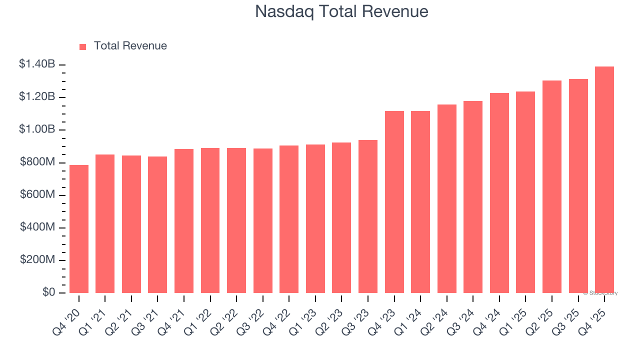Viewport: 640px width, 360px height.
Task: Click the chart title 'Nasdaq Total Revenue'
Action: click(341, 11)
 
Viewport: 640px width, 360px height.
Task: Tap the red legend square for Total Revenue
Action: click(83, 46)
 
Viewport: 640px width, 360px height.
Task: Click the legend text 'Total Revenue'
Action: click(130, 46)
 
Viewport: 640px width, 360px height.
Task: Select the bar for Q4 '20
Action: click(79, 229)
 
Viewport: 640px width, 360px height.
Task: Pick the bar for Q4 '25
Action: click(604, 180)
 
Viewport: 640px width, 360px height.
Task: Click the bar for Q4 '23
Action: click(394, 202)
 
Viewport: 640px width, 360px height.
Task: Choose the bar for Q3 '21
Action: click(157, 225)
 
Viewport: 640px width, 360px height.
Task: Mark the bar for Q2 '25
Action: click(552, 187)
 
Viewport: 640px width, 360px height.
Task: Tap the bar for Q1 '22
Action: click(210, 220)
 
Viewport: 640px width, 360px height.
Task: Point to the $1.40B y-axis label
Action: click(37, 64)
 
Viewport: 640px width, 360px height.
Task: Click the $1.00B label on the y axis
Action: click(37, 129)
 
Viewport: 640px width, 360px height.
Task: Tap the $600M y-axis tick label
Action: click(37, 194)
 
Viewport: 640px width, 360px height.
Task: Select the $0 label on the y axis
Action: click(48, 292)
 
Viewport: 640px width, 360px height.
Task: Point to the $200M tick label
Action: click(37, 260)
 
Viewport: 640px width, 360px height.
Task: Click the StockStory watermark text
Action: click(600, 293)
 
